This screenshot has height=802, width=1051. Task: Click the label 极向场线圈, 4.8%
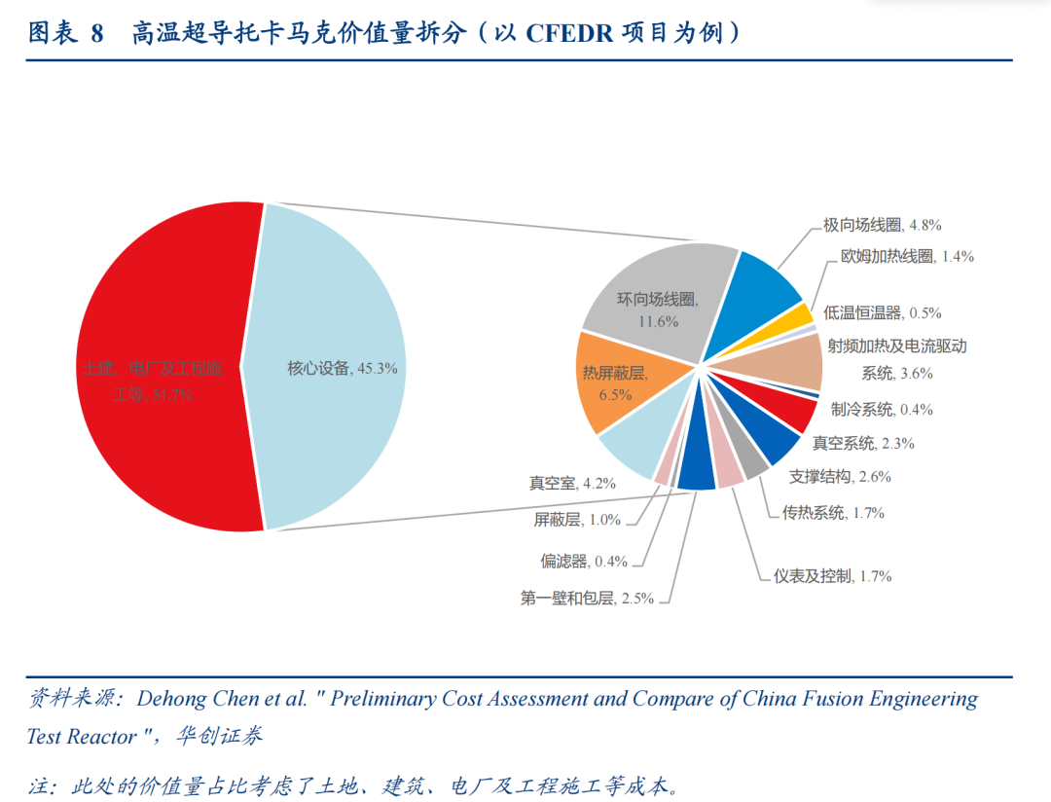point(882,225)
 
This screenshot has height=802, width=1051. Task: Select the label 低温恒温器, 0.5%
point(882,313)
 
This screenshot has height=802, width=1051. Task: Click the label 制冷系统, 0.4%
point(882,410)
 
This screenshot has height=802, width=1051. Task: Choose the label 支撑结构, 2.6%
point(839,478)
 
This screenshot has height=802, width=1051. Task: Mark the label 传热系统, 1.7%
point(833,513)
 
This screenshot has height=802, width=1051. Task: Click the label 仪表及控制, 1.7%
point(832,576)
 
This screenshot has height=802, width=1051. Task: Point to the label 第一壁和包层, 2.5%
point(586,599)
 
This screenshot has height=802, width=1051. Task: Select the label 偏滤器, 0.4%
point(584,562)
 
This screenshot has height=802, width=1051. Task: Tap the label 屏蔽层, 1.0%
point(577,520)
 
